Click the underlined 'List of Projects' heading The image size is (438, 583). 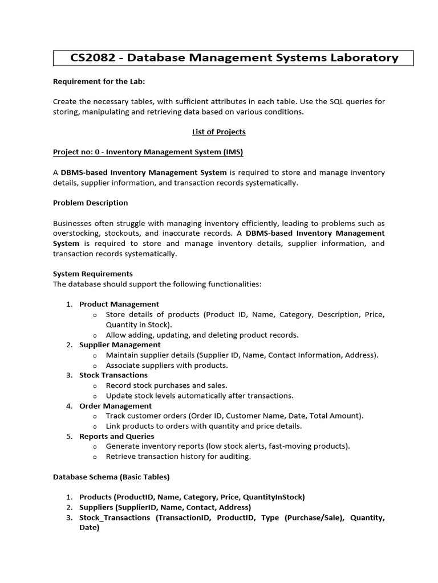tap(218, 132)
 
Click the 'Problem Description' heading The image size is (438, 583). tap(90, 203)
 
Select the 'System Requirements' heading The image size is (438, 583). tap(92, 274)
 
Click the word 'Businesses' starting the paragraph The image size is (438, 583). tap(74, 223)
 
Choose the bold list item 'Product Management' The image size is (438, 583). tap(119, 304)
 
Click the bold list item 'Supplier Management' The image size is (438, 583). tap(120, 344)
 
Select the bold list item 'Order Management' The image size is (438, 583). tap(115, 406)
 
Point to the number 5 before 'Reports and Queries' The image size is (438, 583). tap(68, 436)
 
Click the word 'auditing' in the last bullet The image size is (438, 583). tap(234, 457)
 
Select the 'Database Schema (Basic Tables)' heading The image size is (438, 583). tap(111, 477)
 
